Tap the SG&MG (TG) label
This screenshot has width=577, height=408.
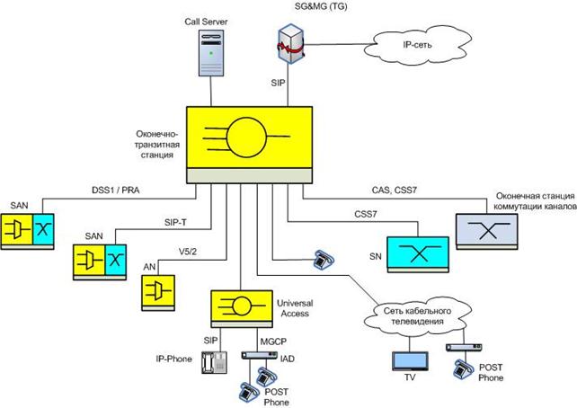[299, 8]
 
